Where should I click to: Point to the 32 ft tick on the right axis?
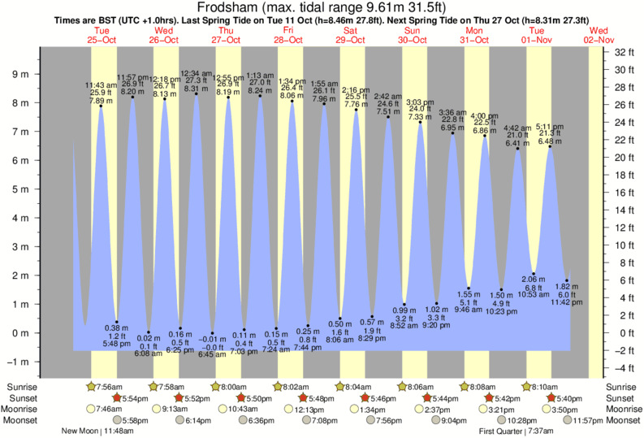tap(625, 52)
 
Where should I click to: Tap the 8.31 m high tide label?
tap(196, 89)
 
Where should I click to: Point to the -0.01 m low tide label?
tap(213, 338)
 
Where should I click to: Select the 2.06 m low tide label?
tap(534, 279)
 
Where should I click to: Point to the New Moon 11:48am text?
tap(91, 431)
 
